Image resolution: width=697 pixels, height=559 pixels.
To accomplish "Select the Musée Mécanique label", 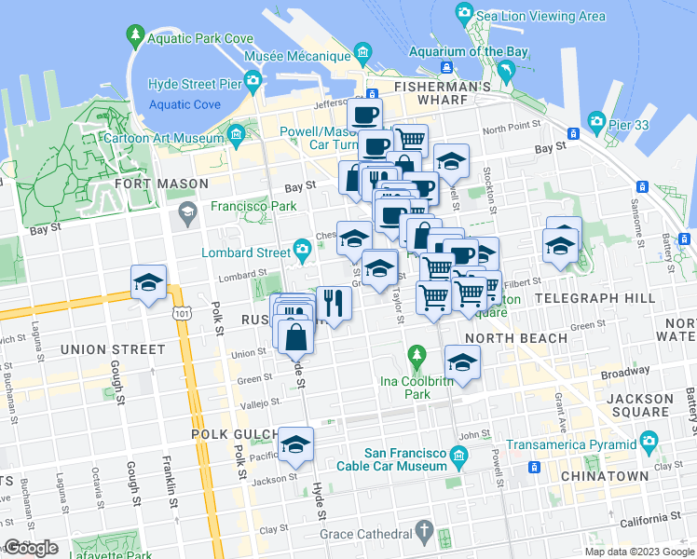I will tap(296, 56).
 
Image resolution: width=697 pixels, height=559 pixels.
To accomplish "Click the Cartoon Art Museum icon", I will tap(236, 136).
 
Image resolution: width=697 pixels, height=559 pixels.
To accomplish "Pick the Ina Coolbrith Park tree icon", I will tap(417, 355).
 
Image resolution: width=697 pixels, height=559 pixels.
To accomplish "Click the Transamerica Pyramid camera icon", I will tap(649, 440).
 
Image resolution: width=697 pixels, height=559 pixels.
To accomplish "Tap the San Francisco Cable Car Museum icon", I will tap(458, 455).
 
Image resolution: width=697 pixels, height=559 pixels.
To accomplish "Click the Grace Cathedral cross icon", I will tap(424, 533).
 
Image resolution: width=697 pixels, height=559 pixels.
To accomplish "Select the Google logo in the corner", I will tap(31, 547).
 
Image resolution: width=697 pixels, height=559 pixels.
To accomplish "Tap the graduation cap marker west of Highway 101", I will tap(148, 283).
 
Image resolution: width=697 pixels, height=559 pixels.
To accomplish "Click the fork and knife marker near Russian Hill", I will tap(333, 302).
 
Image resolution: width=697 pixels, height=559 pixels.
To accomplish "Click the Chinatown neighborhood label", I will tap(605, 476).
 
